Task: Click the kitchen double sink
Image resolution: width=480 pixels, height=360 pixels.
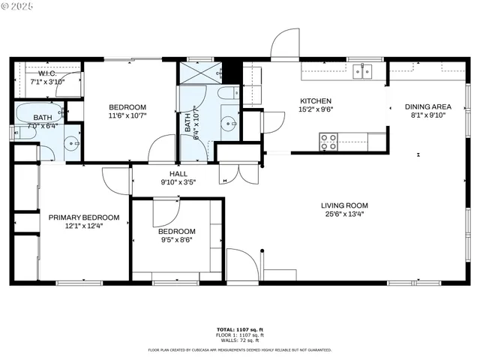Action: pyautogui.click(x=363, y=71)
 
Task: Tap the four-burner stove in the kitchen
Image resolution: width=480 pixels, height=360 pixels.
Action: pyautogui.click(x=328, y=140)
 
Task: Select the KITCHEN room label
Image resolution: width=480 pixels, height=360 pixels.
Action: pyautogui.click(x=316, y=101)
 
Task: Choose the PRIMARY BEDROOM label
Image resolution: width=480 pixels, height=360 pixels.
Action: pyautogui.click(x=74, y=217)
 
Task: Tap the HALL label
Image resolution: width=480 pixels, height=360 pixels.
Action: pyautogui.click(x=178, y=173)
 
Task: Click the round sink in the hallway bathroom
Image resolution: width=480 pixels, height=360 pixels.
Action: pyautogui.click(x=227, y=122)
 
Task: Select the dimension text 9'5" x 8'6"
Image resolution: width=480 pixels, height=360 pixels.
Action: pyautogui.click(x=177, y=241)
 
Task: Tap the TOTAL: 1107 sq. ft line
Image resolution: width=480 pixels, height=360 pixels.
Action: pyautogui.click(x=240, y=330)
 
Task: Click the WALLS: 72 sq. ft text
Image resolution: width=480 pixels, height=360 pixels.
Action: pyautogui.click(x=240, y=340)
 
